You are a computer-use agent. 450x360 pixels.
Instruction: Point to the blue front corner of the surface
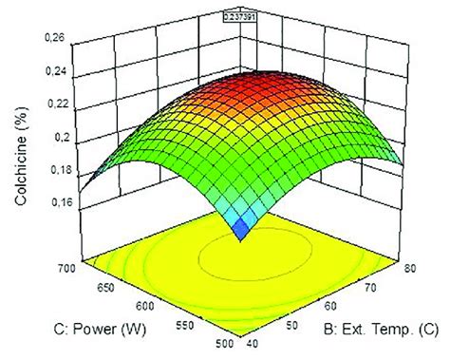[x=244, y=228]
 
